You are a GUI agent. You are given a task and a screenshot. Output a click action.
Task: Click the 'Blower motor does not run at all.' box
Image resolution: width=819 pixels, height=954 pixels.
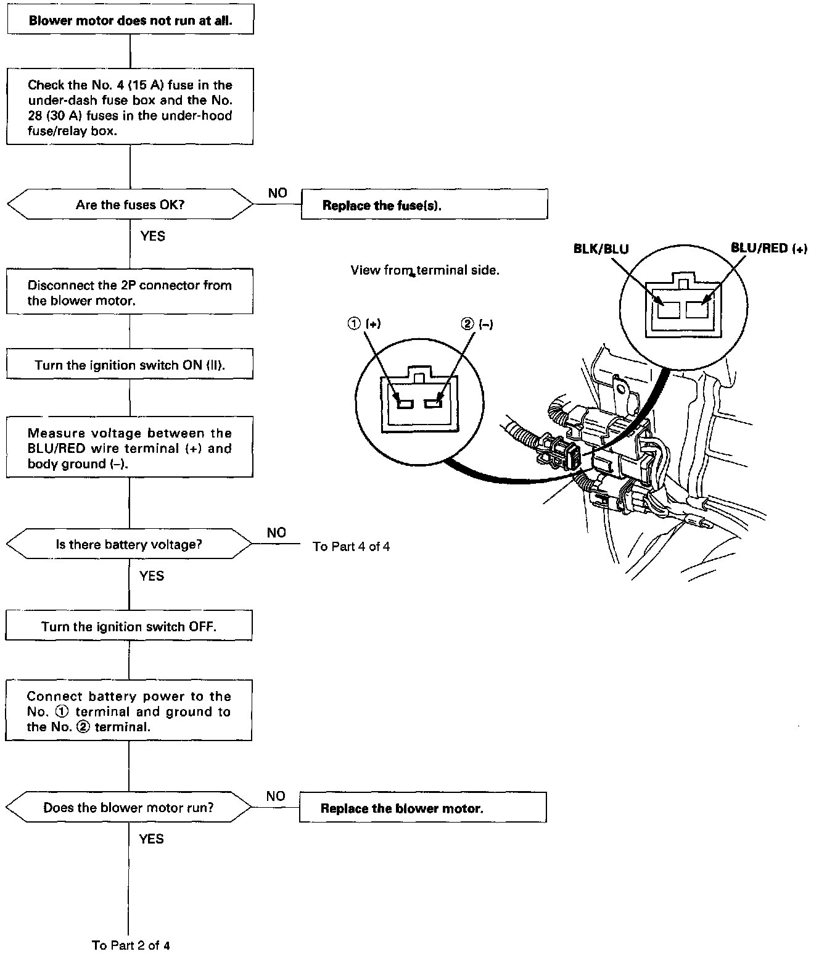(130, 20)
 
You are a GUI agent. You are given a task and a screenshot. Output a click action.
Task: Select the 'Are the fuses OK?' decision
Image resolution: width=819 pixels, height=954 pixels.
(130, 204)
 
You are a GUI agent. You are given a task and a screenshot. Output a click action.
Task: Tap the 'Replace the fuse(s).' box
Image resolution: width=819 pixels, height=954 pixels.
(424, 205)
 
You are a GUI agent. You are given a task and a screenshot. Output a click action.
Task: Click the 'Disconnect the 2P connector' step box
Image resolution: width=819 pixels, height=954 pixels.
(130, 292)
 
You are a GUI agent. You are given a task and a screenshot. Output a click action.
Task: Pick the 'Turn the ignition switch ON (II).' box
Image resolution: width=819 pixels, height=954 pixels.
(130, 365)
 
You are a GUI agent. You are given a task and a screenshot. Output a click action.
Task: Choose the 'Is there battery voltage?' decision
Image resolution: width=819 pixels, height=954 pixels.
(129, 544)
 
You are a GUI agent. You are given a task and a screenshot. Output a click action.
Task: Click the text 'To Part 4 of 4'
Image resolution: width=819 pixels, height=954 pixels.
(351, 547)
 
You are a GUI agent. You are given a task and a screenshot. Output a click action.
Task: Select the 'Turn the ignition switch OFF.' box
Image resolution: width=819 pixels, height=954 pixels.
(129, 627)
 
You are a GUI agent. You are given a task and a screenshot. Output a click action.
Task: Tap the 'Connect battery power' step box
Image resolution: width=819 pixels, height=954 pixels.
(129, 711)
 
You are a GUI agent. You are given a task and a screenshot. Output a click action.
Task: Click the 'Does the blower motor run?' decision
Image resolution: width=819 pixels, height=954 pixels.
(128, 808)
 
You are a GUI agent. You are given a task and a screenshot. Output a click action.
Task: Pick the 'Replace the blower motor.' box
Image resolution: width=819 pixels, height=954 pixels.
(422, 808)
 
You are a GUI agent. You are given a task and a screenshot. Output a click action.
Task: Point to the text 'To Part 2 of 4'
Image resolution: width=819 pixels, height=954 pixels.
(131, 945)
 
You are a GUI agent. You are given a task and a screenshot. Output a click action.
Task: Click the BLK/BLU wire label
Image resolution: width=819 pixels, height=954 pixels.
(601, 249)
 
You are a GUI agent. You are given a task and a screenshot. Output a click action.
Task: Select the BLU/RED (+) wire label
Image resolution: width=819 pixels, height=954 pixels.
(768, 249)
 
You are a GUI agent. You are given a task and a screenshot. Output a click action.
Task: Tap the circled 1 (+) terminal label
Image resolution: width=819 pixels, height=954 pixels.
(364, 324)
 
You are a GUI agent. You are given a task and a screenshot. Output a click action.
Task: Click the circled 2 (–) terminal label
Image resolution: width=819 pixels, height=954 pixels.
(477, 324)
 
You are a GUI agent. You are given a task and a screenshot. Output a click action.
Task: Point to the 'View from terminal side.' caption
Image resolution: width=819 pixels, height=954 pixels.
(425, 270)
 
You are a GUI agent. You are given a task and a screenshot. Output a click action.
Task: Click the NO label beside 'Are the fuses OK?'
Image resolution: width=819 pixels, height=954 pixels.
(278, 193)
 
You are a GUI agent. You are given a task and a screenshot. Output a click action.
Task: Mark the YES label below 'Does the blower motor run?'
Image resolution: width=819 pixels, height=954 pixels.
(151, 839)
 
